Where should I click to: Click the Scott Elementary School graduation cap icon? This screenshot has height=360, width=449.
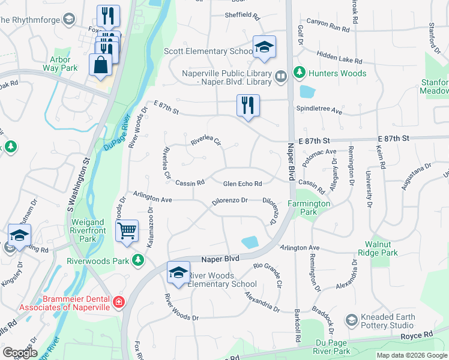tap(263, 47)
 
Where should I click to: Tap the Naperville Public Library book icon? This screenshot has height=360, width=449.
tap(280, 76)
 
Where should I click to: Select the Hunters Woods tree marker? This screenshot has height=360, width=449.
tap(298, 73)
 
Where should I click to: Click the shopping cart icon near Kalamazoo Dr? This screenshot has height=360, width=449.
tap(127, 231)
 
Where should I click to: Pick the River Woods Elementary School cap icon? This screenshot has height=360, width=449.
tap(178, 272)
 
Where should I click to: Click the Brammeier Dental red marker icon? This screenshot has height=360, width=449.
tap(119, 301)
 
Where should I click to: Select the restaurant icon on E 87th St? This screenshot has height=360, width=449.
tap(247, 104)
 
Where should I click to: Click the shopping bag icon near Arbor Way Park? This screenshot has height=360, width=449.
tap(100, 64)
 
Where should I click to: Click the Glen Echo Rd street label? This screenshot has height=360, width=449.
tap(243, 184)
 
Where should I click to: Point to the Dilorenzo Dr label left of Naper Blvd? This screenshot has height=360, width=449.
tap(228, 200)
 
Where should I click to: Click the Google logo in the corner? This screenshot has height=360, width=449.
tap(20, 353)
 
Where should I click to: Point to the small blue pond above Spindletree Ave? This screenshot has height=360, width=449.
tap(307, 92)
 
